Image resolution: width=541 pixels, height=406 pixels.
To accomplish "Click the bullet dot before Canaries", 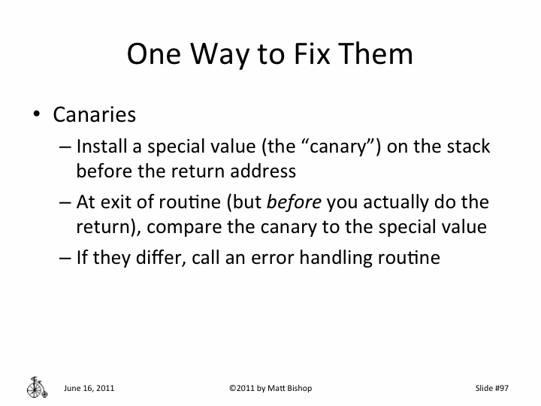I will tap(35, 115).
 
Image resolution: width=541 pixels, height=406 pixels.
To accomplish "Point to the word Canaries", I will tap(94, 115).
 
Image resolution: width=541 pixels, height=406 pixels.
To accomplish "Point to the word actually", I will tap(400, 202).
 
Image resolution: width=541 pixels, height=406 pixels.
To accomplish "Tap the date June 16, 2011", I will tap(89, 388).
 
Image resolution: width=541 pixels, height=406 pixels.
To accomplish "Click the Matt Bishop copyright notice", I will tap(270, 388).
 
